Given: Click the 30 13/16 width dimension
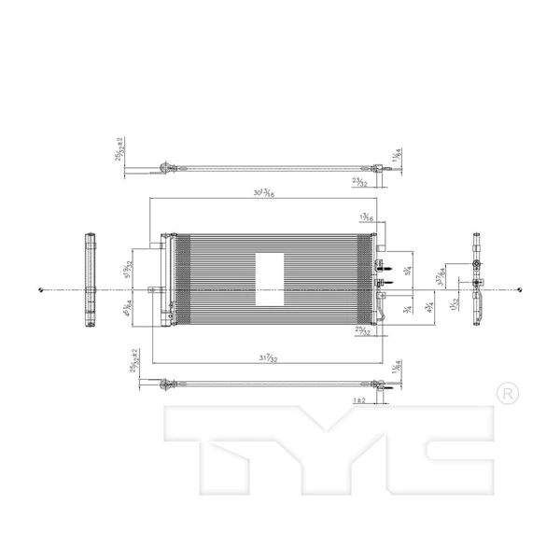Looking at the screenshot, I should coord(268,194).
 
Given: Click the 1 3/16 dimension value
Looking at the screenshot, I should coord(368,218).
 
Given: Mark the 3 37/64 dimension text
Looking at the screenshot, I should coord(441,273).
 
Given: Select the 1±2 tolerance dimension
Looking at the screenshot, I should coord(359,399).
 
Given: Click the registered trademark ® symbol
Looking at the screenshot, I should coord(506,393).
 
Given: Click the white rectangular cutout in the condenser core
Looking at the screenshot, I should coord(271,279).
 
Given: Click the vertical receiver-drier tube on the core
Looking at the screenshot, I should coord(168,278).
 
